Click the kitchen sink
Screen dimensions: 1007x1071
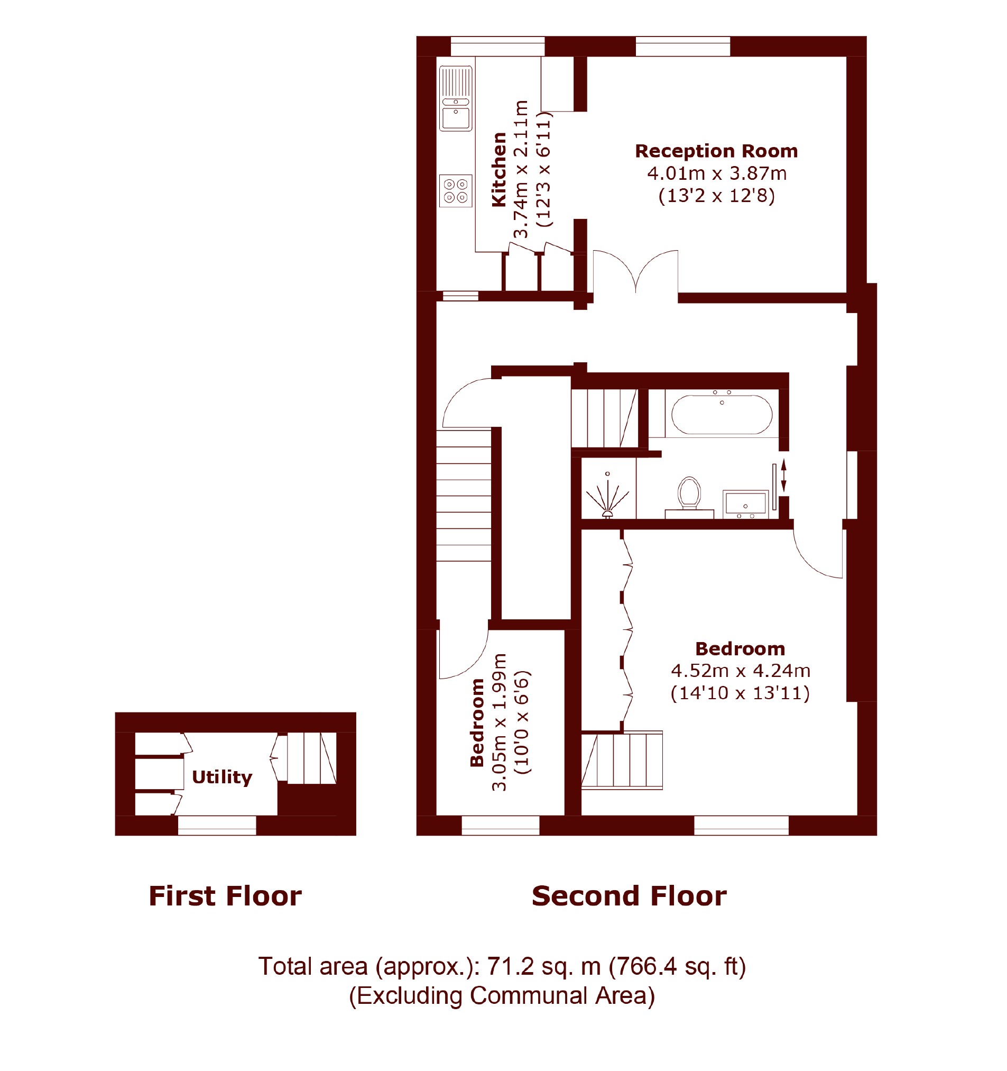(456, 98)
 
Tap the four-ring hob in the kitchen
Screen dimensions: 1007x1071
(456, 191)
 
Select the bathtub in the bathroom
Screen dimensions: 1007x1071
(722, 414)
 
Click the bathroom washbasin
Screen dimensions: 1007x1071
(745, 504)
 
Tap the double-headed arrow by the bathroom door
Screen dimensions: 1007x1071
(783, 474)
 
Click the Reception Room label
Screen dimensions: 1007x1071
(716, 151)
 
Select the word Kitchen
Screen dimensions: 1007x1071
(499, 170)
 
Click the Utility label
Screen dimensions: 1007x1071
(222, 777)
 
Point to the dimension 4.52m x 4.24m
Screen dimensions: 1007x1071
(741, 671)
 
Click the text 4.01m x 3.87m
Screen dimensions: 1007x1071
(717, 173)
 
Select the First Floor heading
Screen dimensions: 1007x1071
(225, 896)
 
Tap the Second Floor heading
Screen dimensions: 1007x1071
(629, 896)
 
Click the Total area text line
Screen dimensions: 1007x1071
(502, 966)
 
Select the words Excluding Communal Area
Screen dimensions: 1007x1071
(502, 996)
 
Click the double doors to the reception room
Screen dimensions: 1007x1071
(635, 272)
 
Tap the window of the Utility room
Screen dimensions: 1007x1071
(217, 826)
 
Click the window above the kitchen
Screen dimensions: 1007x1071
(497, 47)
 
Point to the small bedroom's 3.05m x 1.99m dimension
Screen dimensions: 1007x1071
(499, 722)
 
